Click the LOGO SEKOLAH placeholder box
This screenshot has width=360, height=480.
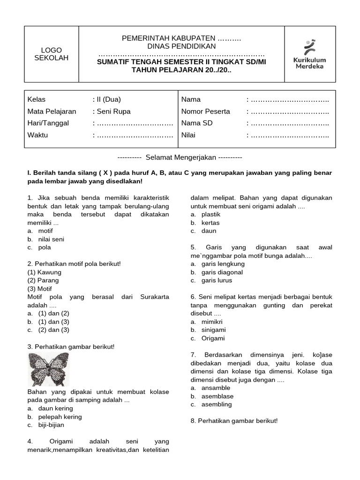51,54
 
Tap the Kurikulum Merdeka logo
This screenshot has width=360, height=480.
309,54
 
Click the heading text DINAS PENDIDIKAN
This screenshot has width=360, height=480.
181,46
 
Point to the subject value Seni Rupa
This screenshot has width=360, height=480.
113,112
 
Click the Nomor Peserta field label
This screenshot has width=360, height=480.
206,112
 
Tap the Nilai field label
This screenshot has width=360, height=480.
188,135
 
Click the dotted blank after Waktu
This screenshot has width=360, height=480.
133,135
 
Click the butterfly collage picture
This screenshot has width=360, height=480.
49,369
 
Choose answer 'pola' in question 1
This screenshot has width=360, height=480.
45,247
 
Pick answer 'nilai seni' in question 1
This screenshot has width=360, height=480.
51,239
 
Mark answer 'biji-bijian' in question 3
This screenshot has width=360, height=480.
51,425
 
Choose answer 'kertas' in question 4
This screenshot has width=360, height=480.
210,223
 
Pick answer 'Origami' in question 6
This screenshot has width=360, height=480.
213,338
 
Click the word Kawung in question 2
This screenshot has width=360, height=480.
49,272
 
